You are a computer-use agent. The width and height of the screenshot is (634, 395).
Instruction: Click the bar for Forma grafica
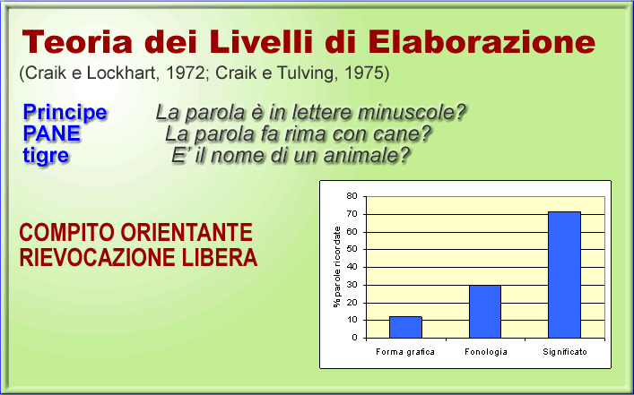click(405, 327)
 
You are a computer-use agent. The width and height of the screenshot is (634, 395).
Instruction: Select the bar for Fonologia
click(485, 312)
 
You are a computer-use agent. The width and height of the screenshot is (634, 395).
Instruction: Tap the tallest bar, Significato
click(564, 275)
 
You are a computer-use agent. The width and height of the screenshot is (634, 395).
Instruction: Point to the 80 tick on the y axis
click(352, 196)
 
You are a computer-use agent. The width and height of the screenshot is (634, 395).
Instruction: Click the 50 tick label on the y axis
click(352, 249)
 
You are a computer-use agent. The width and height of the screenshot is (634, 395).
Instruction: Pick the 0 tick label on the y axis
click(354, 338)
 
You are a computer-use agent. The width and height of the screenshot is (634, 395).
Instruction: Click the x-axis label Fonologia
click(486, 352)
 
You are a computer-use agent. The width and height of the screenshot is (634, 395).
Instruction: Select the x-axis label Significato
click(565, 352)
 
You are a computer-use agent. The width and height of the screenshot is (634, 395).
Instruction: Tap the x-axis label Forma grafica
click(405, 352)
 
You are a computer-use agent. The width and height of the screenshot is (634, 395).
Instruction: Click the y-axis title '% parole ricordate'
click(337, 267)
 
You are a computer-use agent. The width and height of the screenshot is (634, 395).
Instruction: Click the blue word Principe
click(65, 112)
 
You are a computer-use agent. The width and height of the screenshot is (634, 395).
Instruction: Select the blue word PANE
click(52, 133)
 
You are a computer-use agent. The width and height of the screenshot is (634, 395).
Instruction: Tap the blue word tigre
click(46, 156)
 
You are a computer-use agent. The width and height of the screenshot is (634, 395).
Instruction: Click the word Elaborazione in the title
click(482, 41)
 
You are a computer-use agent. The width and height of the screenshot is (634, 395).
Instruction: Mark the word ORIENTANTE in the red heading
click(187, 233)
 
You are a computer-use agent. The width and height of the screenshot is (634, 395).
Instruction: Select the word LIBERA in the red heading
click(220, 257)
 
